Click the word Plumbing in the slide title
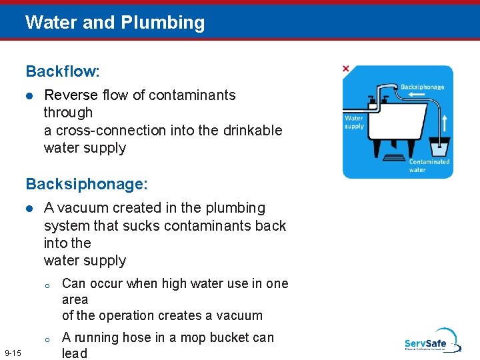click(163, 23)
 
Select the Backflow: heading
click(62, 71)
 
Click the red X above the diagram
click(345, 69)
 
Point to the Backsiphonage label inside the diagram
click(422, 87)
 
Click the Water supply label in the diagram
click(355, 122)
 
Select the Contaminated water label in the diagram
click(429, 165)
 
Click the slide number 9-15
click(13, 353)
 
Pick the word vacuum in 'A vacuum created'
click(79, 208)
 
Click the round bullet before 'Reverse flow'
click(29, 95)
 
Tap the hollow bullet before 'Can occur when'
click(47, 285)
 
